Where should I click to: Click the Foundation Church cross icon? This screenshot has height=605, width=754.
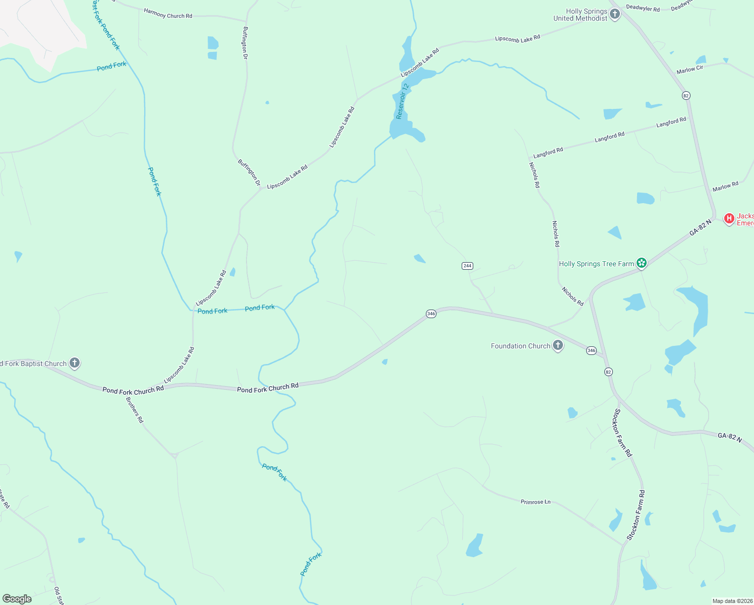557,345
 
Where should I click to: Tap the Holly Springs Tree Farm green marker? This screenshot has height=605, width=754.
641,263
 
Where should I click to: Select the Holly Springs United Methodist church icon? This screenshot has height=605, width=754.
614,14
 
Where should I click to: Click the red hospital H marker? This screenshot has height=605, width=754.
729,218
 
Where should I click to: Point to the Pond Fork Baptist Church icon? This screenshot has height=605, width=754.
74,362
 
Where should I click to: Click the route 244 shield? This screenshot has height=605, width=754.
467,266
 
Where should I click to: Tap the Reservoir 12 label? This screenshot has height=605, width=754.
402,101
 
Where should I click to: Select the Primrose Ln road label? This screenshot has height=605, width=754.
535,502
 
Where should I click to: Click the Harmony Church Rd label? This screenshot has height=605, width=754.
168,13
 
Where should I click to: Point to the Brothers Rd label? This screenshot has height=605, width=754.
135,410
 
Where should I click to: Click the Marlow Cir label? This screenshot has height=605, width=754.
689,70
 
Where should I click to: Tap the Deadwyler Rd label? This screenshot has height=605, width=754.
643,9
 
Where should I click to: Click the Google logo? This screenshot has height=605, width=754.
17,599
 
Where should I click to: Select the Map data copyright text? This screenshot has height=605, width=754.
732,601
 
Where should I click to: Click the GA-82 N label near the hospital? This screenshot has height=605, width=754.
701,227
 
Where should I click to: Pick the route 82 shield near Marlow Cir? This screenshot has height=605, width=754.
686,95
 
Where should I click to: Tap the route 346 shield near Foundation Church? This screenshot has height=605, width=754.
591,350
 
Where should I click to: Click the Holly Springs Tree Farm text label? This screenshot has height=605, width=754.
596,264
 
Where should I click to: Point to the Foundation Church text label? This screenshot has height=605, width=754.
520,346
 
